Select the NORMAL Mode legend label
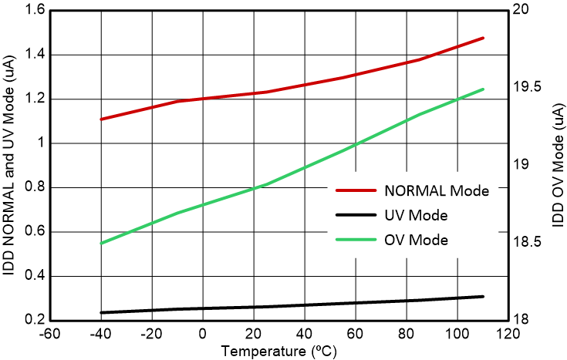click(x=436, y=190)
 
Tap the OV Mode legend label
click(x=415, y=240)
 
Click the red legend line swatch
click(x=355, y=190)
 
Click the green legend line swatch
click(x=355, y=240)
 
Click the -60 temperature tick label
click(x=50, y=335)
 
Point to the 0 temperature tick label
click(x=203, y=335)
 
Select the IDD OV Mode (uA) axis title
click(x=557, y=164)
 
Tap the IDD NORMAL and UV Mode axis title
click(x=10, y=163)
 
